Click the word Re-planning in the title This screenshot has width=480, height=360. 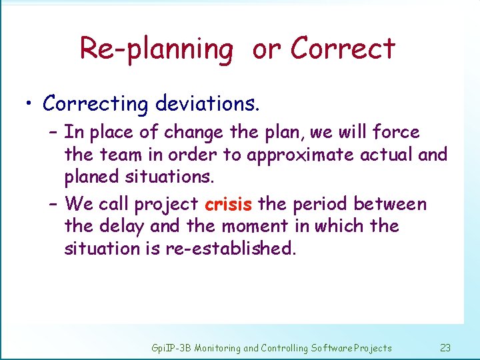pos(156,49)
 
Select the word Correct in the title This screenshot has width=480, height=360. pos(343,48)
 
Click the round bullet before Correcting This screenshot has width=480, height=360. pos(28,105)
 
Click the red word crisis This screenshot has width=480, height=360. pos(228,203)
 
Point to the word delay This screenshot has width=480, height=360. pos(124,226)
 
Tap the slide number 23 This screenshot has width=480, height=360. pos(445,347)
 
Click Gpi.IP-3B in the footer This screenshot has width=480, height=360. pos(171,348)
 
